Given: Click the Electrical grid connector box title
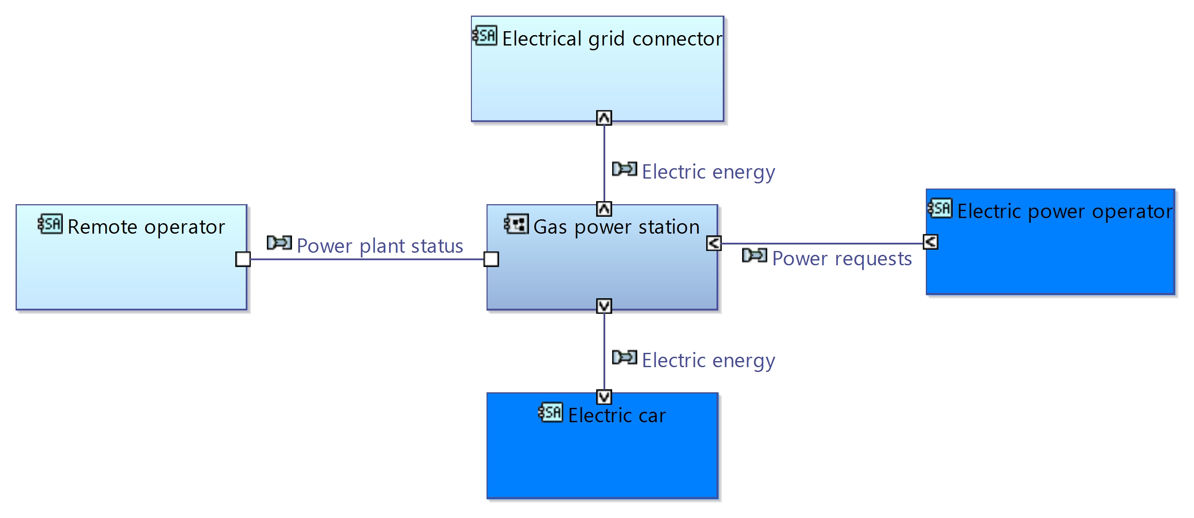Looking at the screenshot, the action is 612,39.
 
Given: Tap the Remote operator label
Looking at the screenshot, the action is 146,227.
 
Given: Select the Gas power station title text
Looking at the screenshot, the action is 616,227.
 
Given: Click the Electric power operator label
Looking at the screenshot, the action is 1065,212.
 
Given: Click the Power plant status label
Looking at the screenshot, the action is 380,246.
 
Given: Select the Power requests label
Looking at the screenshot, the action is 842,259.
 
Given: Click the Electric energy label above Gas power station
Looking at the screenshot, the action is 708,172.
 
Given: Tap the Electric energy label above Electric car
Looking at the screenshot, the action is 708,360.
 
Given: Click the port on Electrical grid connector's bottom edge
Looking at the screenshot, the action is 604,118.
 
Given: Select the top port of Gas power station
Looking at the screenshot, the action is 604,209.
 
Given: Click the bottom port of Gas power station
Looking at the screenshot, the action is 604,306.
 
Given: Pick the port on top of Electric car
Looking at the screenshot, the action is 604,397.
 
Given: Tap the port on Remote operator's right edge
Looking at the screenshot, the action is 243,259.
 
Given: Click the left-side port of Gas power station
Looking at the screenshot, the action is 491,259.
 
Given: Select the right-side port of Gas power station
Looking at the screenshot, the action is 714,243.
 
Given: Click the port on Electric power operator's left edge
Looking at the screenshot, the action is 931,242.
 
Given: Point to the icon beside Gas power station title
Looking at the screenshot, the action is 516,224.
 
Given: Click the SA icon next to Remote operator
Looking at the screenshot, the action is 51,224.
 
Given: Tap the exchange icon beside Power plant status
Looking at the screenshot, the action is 279,243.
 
